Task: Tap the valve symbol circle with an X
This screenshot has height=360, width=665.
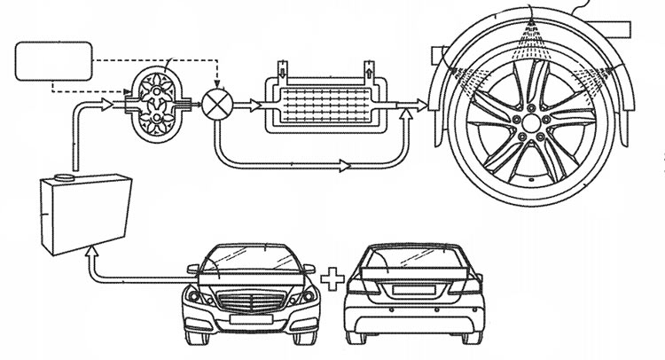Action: point(215,103)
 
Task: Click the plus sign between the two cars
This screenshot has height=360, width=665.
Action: point(330,283)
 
